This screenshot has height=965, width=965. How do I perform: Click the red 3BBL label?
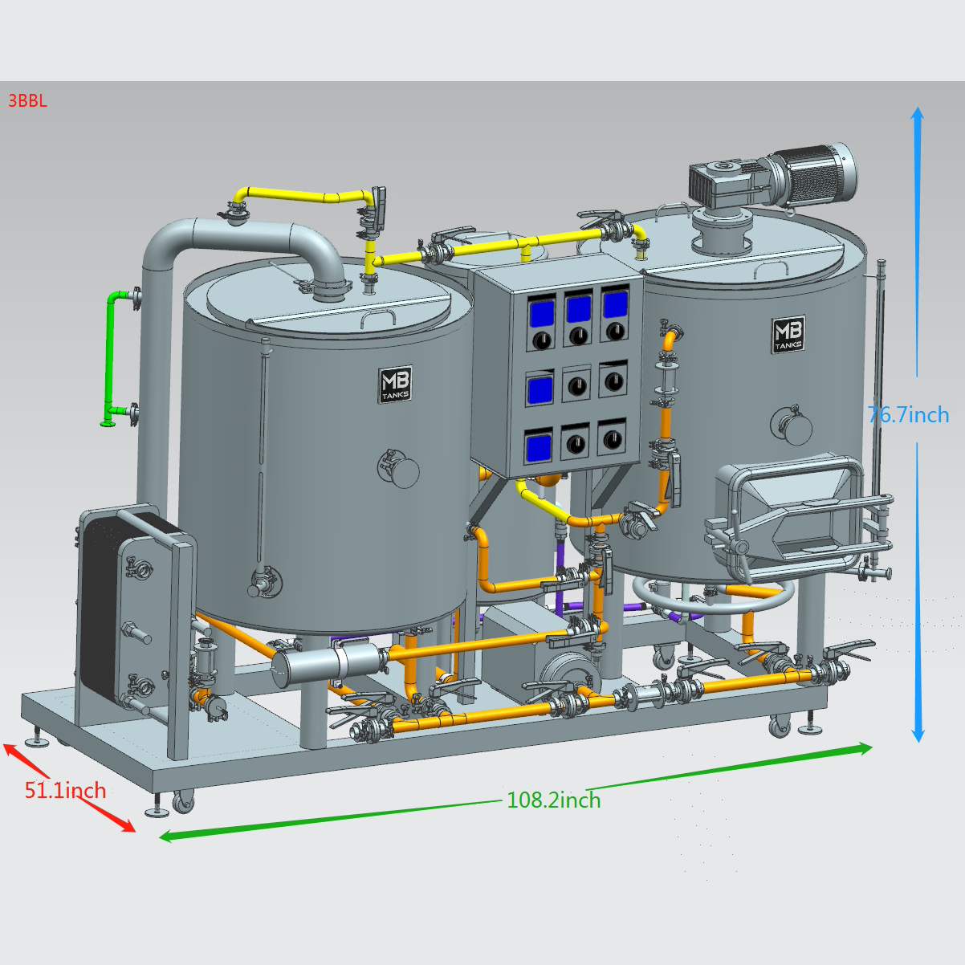coord(27,100)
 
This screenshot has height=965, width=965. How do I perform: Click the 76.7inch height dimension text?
coord(908,414)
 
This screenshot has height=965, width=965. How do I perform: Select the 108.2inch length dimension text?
coord(553,800)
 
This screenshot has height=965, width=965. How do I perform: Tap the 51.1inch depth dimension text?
coord(65,790)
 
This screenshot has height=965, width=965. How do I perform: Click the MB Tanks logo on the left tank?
coord(395,384)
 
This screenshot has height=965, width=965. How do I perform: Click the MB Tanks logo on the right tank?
coord(788,334)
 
